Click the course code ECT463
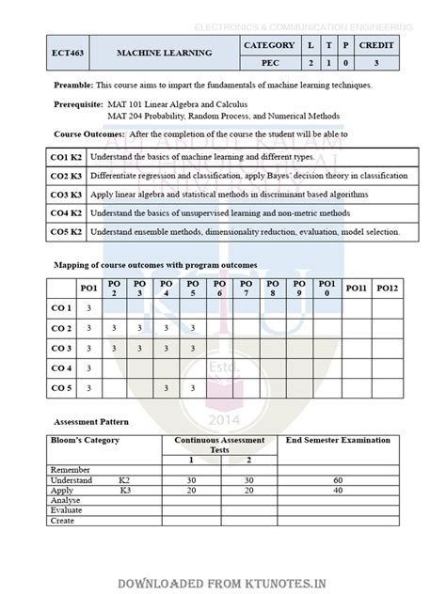point(69,54)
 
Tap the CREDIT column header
point(383,45)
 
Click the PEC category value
point(269,63)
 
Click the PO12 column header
point(388,288)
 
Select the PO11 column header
point(356,288)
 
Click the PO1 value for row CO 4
point(88,367)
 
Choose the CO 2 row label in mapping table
point(61,328)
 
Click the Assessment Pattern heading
point(92,422)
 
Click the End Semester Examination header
point(338,440)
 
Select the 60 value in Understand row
point(338,479)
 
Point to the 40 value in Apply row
point(338,490)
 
